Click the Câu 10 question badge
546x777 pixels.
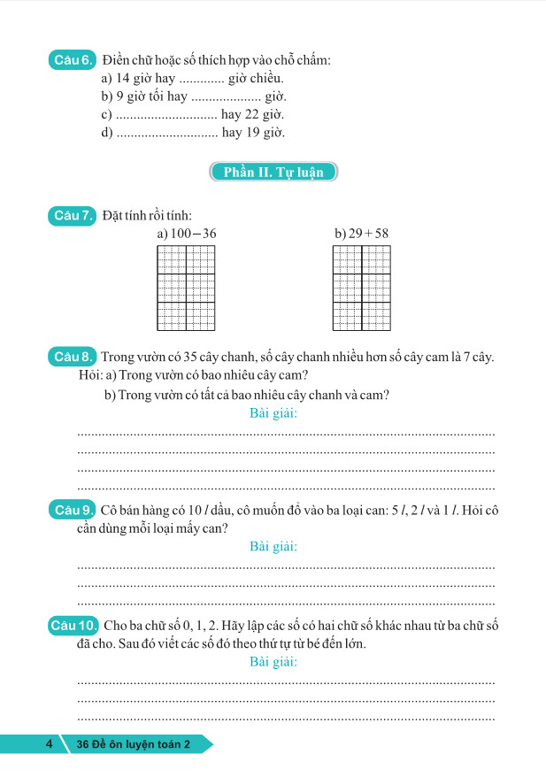pyautogui.click(x=75, y=627)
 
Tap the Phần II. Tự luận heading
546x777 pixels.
pyautogui.click(x=273, y=172)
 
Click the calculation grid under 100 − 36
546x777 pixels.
pyautogui.click(x=186, y=288)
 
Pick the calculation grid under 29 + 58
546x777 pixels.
pyautogui.click(x=361, y=288)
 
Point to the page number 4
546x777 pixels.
pyautogui.click(x=49, y=744)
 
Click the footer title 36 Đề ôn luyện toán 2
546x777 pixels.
pyautogui.click(x=135, y=745)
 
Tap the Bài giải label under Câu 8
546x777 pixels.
pyautogui.click(x=273, y=413)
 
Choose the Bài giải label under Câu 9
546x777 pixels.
pyautogui.click(x=273, y=546)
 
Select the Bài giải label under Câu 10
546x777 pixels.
pyautogui.click(x=273, y=662)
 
